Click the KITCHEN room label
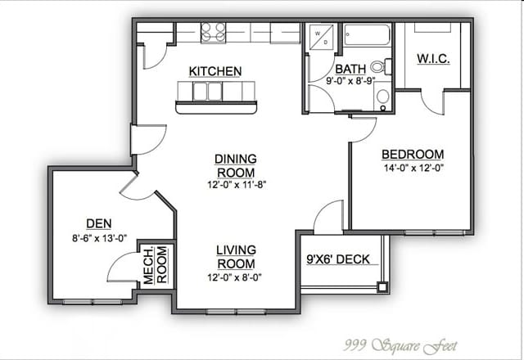[x=215, y=71]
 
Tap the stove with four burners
[x=213, y=33]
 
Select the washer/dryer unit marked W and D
[x=321, y=38]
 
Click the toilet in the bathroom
[x=382, y=66]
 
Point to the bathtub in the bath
[x=367, y=34]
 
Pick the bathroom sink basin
[x=383, y=97]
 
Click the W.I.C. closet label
[x=433, y=59]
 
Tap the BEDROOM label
[x=413, y=155]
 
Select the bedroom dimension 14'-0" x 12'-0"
[x=413, y=168]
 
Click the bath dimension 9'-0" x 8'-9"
[x=350, y=80]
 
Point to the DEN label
[x=99, y=223]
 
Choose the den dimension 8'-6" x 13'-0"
[x=100, y=238]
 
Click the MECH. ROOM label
[x=155, y=265]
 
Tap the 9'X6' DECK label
[x=338, y=259]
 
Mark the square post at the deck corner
[x=382, y=287]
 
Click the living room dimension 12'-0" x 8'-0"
[x=234, y=277]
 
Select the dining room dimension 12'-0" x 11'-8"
[x=237, y=184]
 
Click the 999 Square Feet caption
[x=400, y=345]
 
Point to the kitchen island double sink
[x=207, y=91]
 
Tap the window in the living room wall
[x=237, y=312]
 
